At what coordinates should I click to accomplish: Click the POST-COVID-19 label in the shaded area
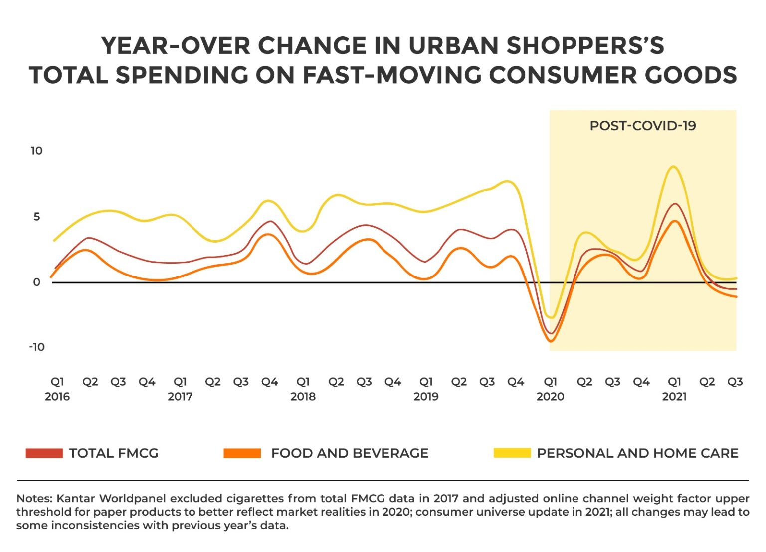pyautogui.click(x=642, y=126)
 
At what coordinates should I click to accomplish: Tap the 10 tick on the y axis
pyautogui.click(x=36, y=151)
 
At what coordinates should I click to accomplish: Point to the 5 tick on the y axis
pyautogui.click(x=36, y=217)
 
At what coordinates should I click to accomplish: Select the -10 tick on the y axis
pyautogui.click(x=36, y=347)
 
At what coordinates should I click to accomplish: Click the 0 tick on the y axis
pyautogui.click(x=36, y=282)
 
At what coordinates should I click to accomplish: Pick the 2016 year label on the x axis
pyautogui.click(x=57, y=397)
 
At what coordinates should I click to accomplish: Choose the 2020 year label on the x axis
pyautogui.click(x=550, y=397)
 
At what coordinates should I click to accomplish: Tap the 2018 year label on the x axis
pyautogui.click(x=303, y=397)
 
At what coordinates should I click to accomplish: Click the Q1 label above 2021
pyautogui.click(x=674, y=382)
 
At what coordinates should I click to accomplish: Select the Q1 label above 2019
pyautogui.click(x=426, y=382)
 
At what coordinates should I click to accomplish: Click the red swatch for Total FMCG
pyautogui.click(x=44, y=453)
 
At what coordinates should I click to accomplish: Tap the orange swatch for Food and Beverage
pyautogui.click(x=242, y=453)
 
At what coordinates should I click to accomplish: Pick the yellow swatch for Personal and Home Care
pyautogui.click(x=512, y=453)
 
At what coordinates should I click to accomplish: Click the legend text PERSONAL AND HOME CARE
pyautogui.click(x=637, y=453)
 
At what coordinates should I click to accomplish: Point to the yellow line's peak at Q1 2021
pyautogui.click(x=673, y=167)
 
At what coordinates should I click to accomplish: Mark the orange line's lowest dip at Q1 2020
pyautogui.click(x=551, y=341)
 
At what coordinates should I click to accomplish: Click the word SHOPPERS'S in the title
pyautogui.click(x=585, y=46)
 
